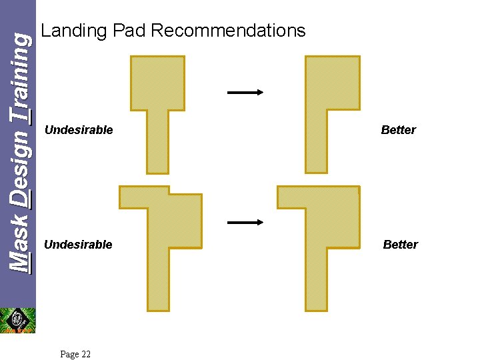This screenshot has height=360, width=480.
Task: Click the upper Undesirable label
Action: click(79, 130)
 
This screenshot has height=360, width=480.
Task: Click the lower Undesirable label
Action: click(78, 245)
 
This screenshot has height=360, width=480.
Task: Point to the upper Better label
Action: click(398, 130)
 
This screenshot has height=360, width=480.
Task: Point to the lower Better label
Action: click(400, 245)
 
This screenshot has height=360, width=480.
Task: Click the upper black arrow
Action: click(245, 93)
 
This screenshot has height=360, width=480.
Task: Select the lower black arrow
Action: click(245, 223)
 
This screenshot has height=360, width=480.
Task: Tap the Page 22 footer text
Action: click(75, 354)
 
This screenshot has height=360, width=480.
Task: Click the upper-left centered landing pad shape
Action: click(157, 83)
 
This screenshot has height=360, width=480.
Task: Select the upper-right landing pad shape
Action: click(332, 83)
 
